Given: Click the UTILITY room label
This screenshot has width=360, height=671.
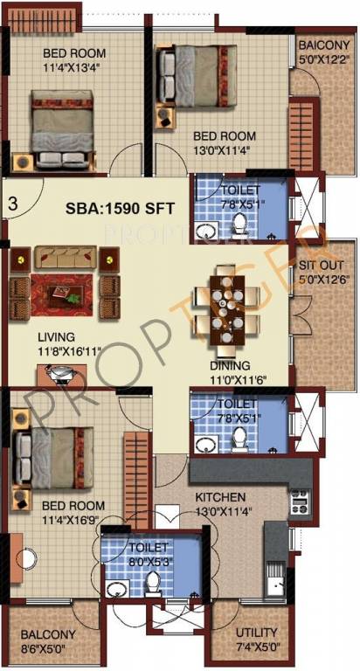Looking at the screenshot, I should point(257,633).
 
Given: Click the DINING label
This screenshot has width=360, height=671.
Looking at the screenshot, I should point(230,365).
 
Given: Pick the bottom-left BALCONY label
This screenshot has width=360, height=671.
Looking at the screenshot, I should point(48,635).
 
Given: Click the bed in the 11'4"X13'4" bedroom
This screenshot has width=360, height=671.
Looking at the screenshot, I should point(66,125).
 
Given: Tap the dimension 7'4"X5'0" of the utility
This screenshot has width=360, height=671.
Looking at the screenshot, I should point(257,647).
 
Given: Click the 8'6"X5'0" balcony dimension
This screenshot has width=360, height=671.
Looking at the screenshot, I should point(48,648).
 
